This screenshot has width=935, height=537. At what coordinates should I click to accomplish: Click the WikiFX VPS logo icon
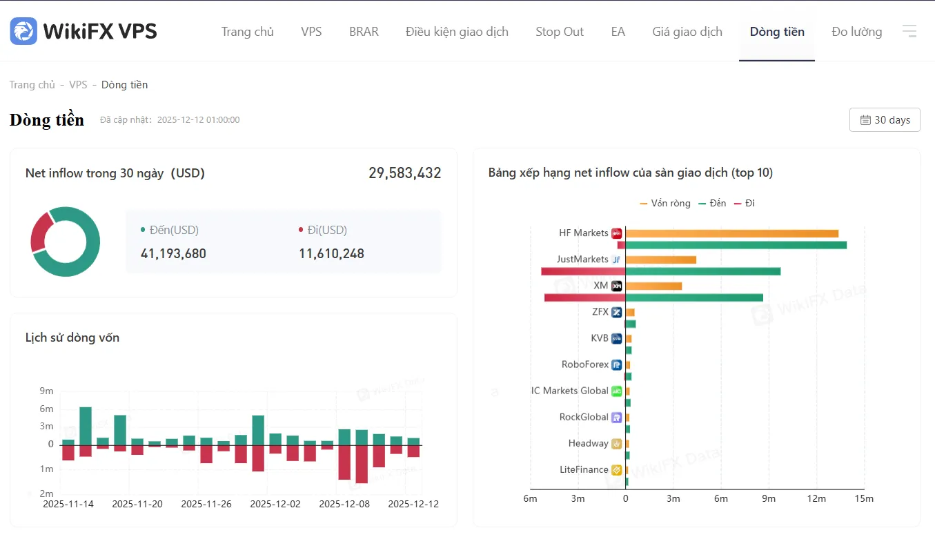[x=23, y=31]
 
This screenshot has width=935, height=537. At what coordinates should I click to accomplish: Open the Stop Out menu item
[x=560, y=32]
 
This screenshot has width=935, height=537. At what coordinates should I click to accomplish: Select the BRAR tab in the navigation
[x=364, y=32]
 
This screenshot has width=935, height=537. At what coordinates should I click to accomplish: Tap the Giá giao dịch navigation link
[x=687, y=32]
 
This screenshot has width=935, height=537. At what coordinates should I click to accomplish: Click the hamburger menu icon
[x=909, y=31]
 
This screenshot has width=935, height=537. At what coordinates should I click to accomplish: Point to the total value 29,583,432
[x=404, y=173]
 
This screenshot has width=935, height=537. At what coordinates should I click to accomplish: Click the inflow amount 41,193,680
[x=173, y=253]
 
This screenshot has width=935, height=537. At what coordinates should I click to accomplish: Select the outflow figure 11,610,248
[x=331, y=253]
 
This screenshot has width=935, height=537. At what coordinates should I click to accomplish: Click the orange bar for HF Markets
[x=731, y=233]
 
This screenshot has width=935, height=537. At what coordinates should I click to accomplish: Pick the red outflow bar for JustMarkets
[x=583, y=271]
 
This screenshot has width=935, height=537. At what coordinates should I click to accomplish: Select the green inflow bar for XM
[x=694, y=297]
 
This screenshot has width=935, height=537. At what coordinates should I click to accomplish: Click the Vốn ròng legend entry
[x=665, y=204]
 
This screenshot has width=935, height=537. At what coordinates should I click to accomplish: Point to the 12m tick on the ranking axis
[x=816, y=498]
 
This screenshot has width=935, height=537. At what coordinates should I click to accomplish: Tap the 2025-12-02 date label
[x=275, y=504]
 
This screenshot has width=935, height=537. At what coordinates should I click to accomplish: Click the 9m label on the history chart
[x=46, y=391]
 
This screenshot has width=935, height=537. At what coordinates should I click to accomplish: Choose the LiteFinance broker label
[x=584, y=469]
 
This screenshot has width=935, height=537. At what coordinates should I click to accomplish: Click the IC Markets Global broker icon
[x=616, y=391]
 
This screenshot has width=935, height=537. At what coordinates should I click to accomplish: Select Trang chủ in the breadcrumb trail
[x=32, y=85]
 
